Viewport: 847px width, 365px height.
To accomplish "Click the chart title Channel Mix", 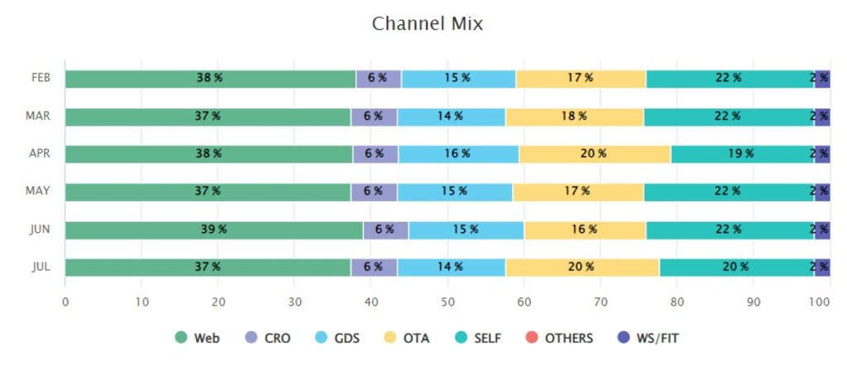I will coord(427,23).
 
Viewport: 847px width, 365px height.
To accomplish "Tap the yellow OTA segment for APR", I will coord(594,154).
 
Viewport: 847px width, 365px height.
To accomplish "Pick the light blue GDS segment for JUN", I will coord(466,230).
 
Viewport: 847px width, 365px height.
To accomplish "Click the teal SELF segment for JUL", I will coord(736,267).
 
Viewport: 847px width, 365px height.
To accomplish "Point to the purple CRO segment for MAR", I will coord(373,116).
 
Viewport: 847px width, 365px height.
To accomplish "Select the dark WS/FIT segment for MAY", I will coord(822,192).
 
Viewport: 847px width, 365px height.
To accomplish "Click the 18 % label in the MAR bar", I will coord(574,116).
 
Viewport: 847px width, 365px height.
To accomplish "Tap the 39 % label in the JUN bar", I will coord(213,230).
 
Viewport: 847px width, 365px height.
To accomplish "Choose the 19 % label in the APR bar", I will coord(741,154).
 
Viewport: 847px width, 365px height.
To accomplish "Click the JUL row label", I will coord(40,267).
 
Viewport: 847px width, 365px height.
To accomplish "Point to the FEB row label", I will coord(41,78).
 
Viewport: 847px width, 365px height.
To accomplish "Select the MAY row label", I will coord(38,192).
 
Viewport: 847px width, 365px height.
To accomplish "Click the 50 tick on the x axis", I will coord(447,303).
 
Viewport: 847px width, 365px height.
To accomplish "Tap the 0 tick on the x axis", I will coord(65,303).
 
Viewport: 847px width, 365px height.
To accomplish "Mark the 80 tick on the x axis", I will coord(677,303).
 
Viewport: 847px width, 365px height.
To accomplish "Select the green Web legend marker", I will coord(181,338).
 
